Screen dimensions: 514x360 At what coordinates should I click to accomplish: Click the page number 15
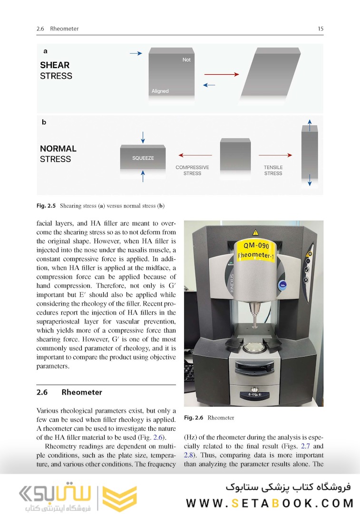[321, 29]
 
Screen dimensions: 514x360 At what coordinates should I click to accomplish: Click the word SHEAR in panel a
[55, 65]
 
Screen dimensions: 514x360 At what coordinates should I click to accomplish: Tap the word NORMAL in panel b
[58, 148]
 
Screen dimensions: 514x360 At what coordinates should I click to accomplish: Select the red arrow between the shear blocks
[221, 75]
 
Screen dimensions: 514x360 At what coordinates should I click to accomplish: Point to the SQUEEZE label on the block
[143, 158]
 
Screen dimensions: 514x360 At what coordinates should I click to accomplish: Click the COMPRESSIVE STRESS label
[192, 170]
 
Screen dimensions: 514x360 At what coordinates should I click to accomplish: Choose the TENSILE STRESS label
[273, 170]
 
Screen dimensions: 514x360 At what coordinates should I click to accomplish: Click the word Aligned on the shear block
[160, 91]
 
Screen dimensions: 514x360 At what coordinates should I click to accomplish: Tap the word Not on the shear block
[186, 60]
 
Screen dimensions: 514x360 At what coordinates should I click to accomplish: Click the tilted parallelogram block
[271, 73]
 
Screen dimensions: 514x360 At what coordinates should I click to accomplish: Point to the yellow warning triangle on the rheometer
[255, 233]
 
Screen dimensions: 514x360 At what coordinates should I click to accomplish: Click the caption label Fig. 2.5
[46, 206]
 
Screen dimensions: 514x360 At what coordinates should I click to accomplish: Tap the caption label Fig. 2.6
[194, 418]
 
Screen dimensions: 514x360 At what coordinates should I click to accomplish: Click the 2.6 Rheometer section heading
[69, 393]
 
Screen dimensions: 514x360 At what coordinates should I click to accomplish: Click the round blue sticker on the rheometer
[282, 285]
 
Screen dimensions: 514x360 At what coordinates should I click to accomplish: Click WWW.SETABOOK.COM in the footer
[270, 503]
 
